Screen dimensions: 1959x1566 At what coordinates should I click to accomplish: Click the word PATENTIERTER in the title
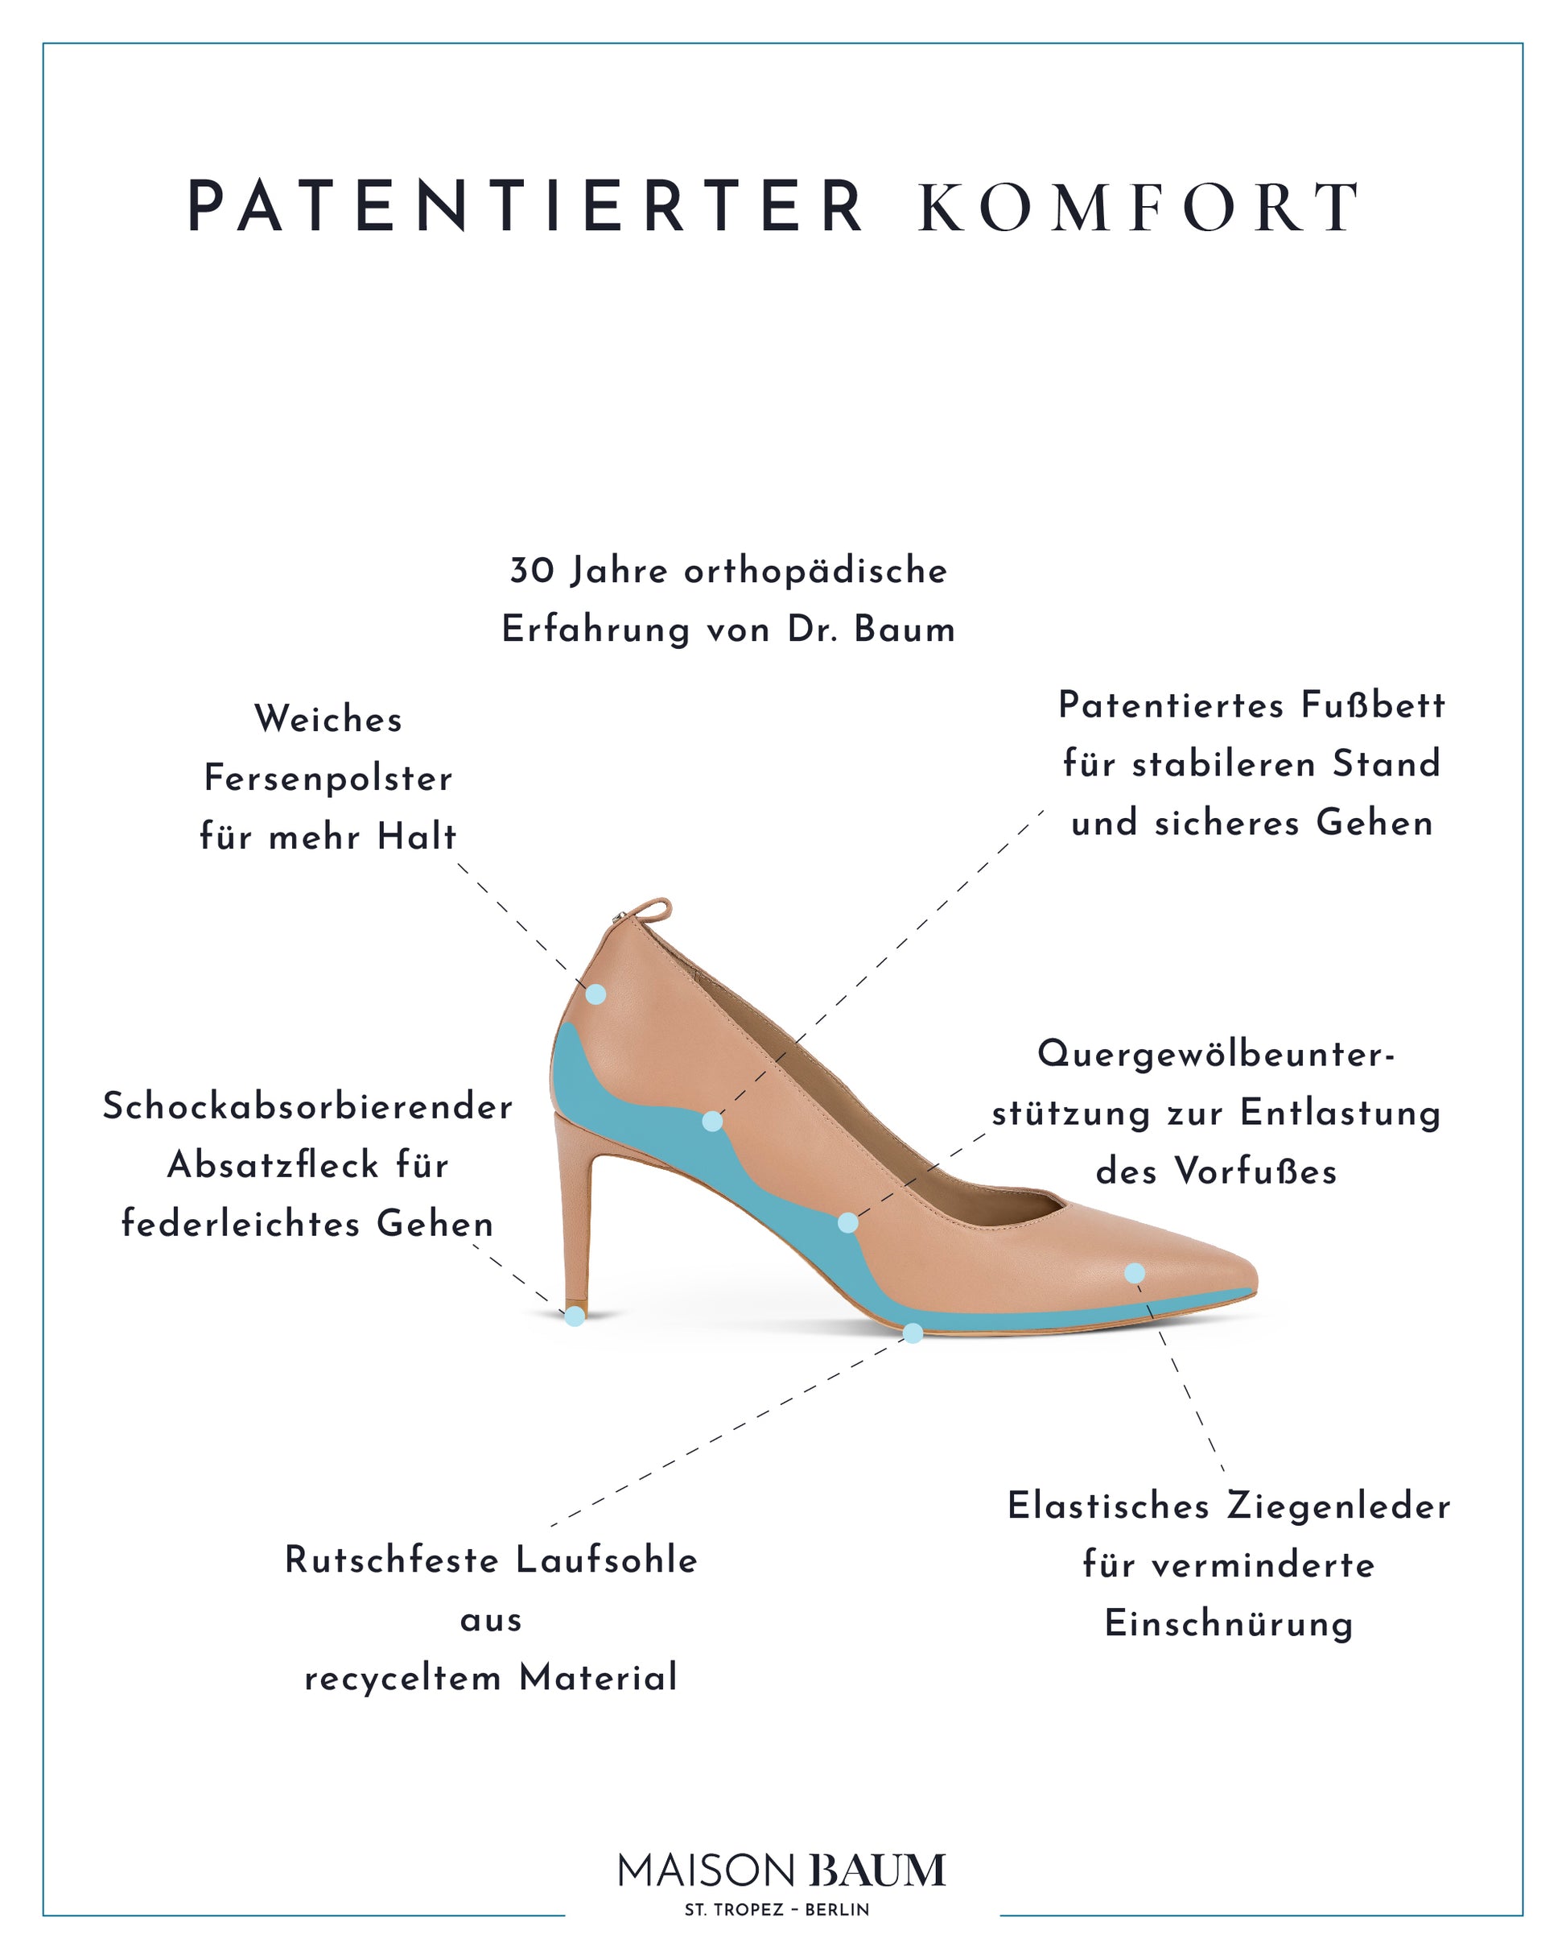pos(525,207)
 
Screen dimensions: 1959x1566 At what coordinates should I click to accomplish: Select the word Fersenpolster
pos(328,779)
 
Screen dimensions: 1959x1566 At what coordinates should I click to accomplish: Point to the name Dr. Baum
pos(871,630)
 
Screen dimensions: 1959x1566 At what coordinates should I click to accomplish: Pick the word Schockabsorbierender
pos(308,1106)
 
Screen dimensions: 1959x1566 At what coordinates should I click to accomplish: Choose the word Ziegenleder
pos(1339,1506)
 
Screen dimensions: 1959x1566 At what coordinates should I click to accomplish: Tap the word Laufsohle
pos(607,1560)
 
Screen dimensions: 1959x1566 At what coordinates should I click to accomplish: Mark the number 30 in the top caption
pos(532,572)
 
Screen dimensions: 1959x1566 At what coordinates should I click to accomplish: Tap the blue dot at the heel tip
pos(575,1316)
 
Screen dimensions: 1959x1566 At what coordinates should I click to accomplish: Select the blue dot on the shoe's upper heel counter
pos(595,994)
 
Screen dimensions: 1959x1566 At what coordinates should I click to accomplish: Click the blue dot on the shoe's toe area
pos(1135,1274)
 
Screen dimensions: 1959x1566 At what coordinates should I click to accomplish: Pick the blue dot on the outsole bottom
pos(913,1333)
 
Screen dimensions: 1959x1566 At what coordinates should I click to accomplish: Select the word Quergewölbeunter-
pos(1216,1054)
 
